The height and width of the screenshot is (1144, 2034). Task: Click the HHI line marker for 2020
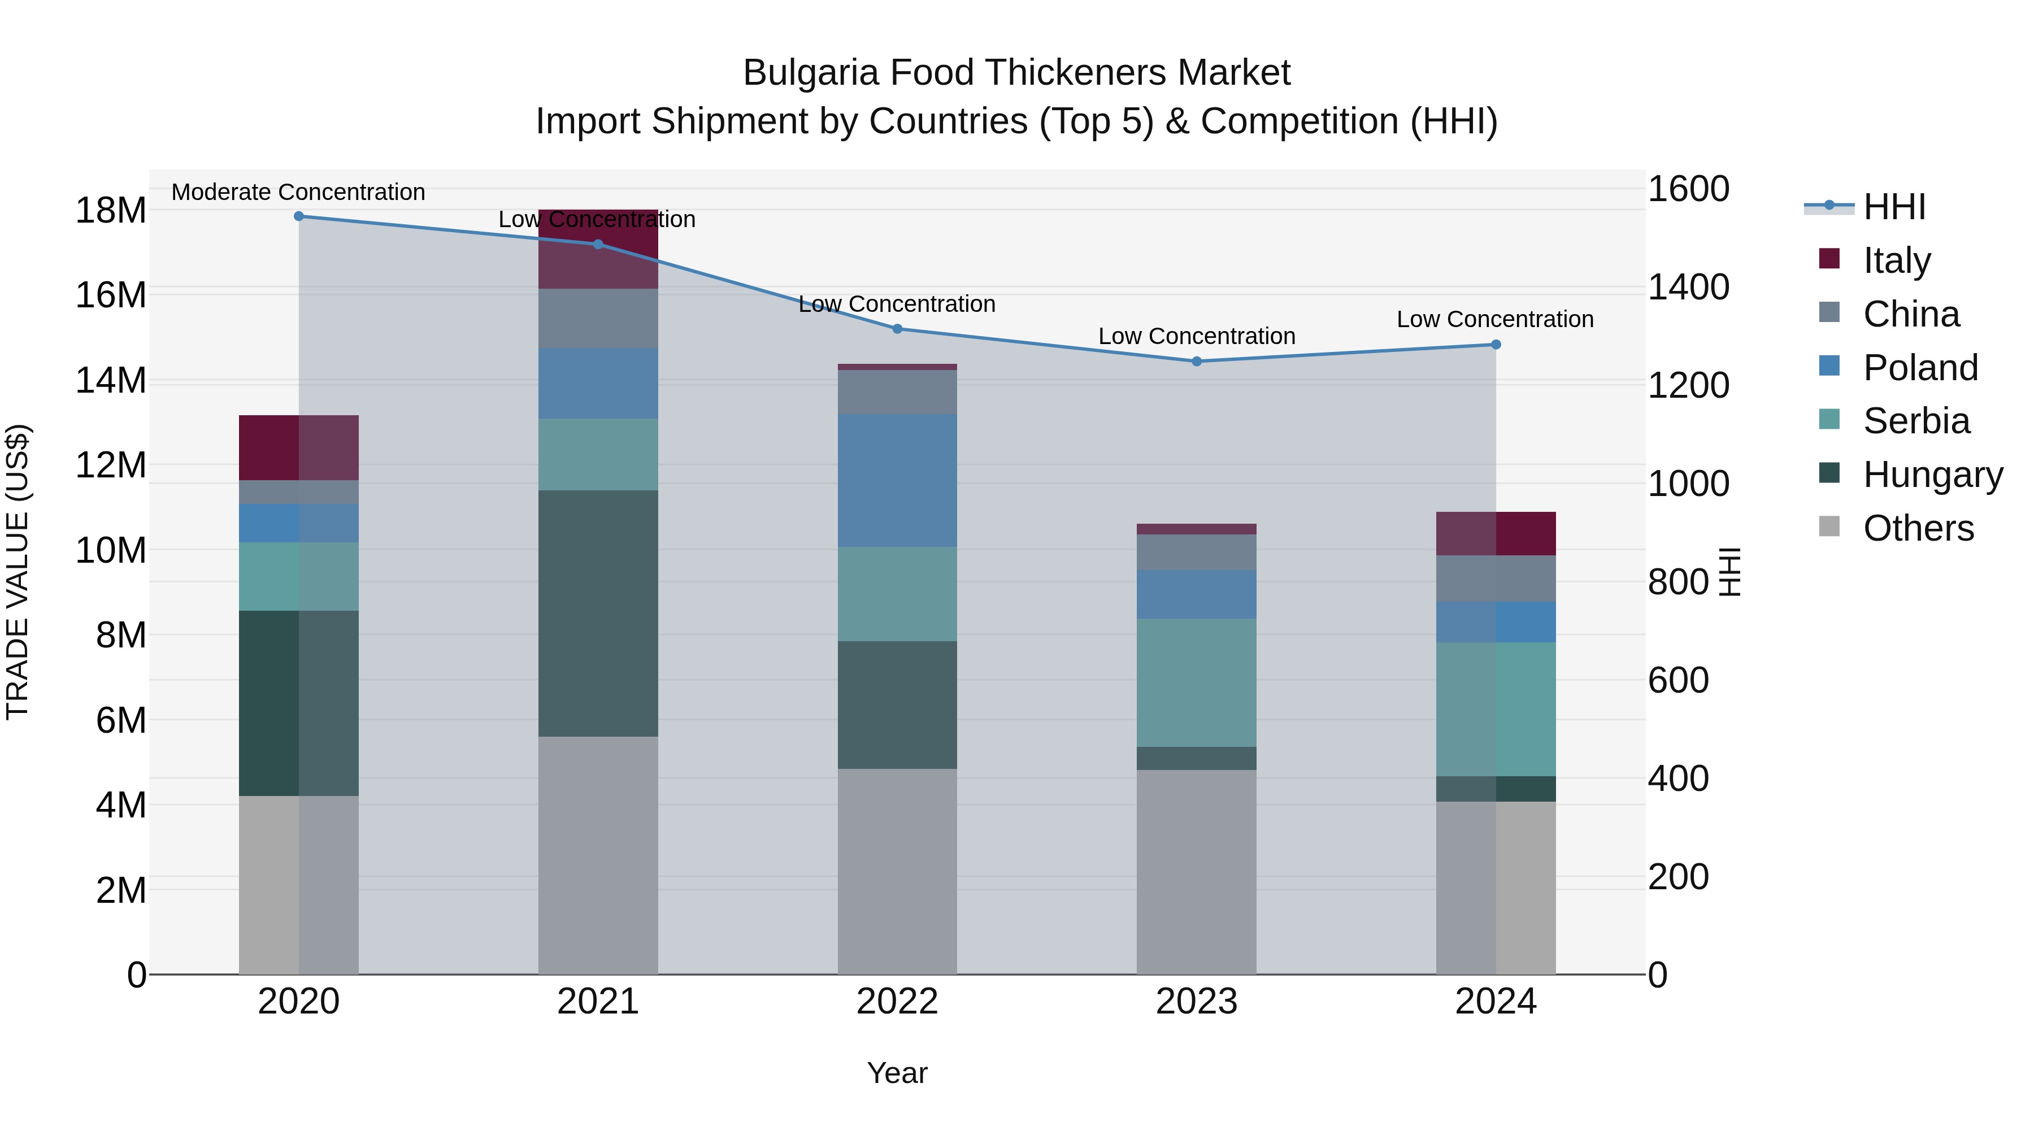click(298, 216)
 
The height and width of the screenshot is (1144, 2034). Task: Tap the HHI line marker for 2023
click(1196, 362)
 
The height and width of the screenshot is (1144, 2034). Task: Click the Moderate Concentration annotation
click(298, 192)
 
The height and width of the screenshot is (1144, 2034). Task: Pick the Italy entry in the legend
click(1897, 260)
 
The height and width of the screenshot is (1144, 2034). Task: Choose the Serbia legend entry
click(1916, 421)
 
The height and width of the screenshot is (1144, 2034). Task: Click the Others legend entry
click(1918, 528)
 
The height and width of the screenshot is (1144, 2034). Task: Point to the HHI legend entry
click(1894, 207)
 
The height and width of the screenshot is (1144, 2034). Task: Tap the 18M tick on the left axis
click(111, 211)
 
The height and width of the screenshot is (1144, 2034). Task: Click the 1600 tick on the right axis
click(1688, 189)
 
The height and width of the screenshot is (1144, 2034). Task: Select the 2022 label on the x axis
click(897, 1002)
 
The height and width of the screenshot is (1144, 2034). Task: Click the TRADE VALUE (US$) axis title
click(18, 572)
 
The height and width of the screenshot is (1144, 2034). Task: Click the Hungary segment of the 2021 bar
click(598, 614)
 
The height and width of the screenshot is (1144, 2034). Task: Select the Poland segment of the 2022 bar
click(897, 480)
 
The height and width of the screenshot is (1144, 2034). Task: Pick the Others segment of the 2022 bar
click(897, 872)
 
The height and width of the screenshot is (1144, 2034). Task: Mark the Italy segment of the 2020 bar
click(298, 447)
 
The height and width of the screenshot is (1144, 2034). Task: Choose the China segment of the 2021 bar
click(598, 318)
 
